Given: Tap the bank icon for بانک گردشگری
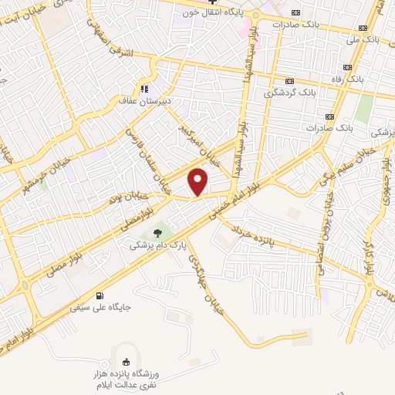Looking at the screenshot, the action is click(290, 81).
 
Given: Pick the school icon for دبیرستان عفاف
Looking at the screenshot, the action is click(143, 88).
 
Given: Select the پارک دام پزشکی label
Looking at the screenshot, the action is click(158, 245).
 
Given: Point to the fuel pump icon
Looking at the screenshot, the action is click(98, 295).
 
